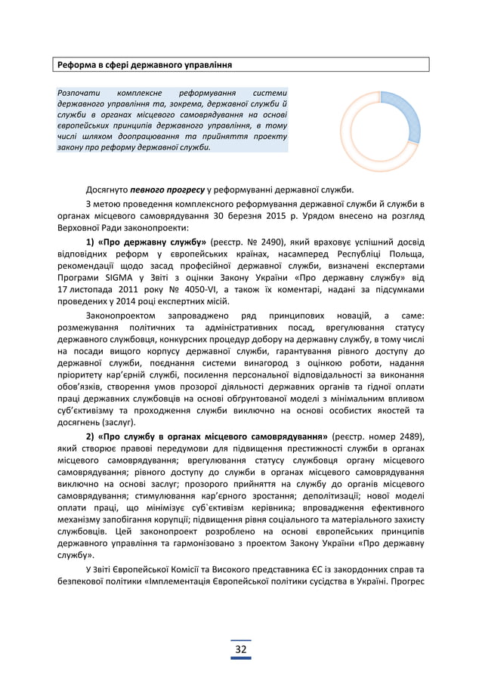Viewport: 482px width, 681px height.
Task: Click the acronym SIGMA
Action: [x=108, y=278]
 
